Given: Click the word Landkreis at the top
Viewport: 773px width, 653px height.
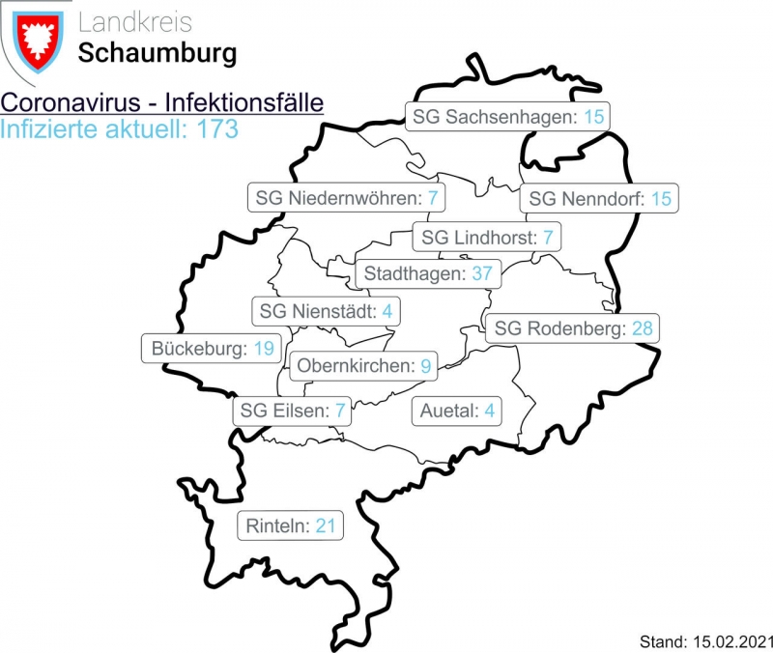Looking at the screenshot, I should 134,22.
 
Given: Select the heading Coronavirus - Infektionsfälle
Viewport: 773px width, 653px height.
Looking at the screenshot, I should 161,103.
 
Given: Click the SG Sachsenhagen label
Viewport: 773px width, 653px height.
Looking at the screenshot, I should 508,117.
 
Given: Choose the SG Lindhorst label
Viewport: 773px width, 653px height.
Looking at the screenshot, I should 487,237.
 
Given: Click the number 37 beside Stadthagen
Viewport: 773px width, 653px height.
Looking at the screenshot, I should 482,273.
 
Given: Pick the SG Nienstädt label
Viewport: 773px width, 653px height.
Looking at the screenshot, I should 327,312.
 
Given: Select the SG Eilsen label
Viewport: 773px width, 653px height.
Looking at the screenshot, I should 293,411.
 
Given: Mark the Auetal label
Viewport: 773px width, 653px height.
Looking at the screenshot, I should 457,411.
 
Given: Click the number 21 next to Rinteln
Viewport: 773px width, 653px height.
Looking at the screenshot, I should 325,526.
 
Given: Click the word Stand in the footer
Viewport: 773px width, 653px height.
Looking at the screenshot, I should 661,640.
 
